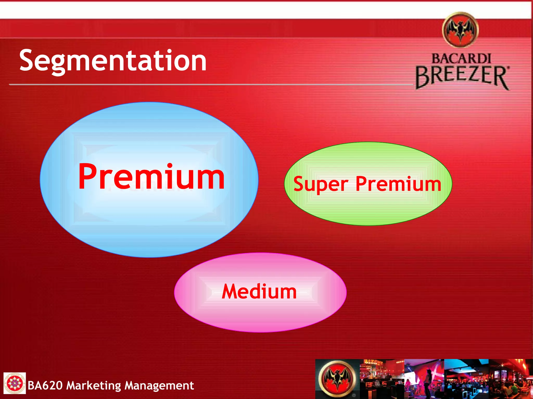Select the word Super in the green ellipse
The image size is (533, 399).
pos(321,184)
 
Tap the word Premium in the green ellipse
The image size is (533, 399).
pos(398,184)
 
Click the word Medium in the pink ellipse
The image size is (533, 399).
pos(259,292)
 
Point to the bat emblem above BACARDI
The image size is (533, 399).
pos(460,30)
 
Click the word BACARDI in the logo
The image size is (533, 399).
pos(461,59)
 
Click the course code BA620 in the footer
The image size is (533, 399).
pos(45,385)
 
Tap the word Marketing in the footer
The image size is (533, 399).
pos(94,385)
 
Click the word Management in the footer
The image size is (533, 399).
pos(159,385)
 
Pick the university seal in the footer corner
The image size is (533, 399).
pos(14,383)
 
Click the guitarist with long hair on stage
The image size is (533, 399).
pos(407,384)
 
